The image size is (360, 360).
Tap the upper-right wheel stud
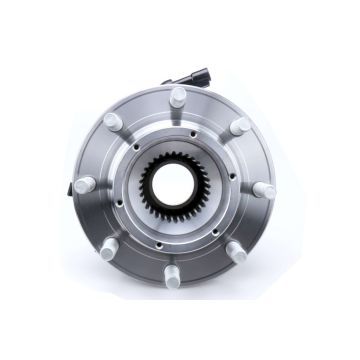coord(239,126)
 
